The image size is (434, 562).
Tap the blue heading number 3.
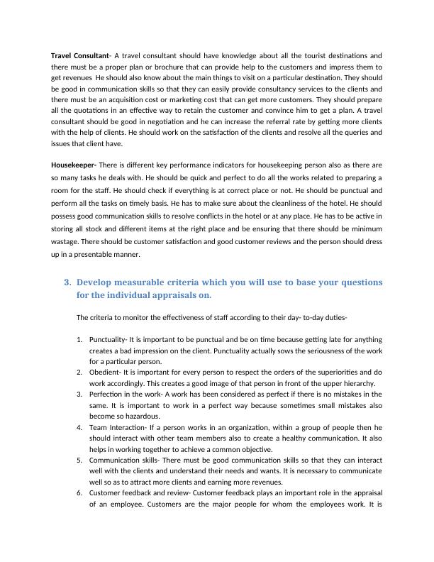(67, 282)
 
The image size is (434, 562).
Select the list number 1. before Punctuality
(79, 338)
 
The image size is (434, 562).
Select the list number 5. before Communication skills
(79, 460)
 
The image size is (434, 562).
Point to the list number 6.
(79, 493)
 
